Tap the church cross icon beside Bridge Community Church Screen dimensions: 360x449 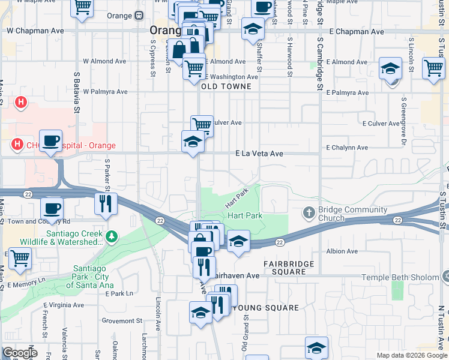(x=309, y=212)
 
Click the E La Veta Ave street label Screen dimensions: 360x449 (x=259, y=154)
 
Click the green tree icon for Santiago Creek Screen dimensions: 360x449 (x=112, y=238)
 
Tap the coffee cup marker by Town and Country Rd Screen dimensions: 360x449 (x=52, y=208)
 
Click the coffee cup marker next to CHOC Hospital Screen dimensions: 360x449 (x=50, y=141)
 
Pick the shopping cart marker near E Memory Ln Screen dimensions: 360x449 (x=20, y=258)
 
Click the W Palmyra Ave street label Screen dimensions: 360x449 (x=106, y=92)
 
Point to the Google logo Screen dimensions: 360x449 (x=19, y=353)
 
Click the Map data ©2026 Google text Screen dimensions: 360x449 (x=411, y=355)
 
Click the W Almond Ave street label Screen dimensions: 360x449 (x=104, y=61)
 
